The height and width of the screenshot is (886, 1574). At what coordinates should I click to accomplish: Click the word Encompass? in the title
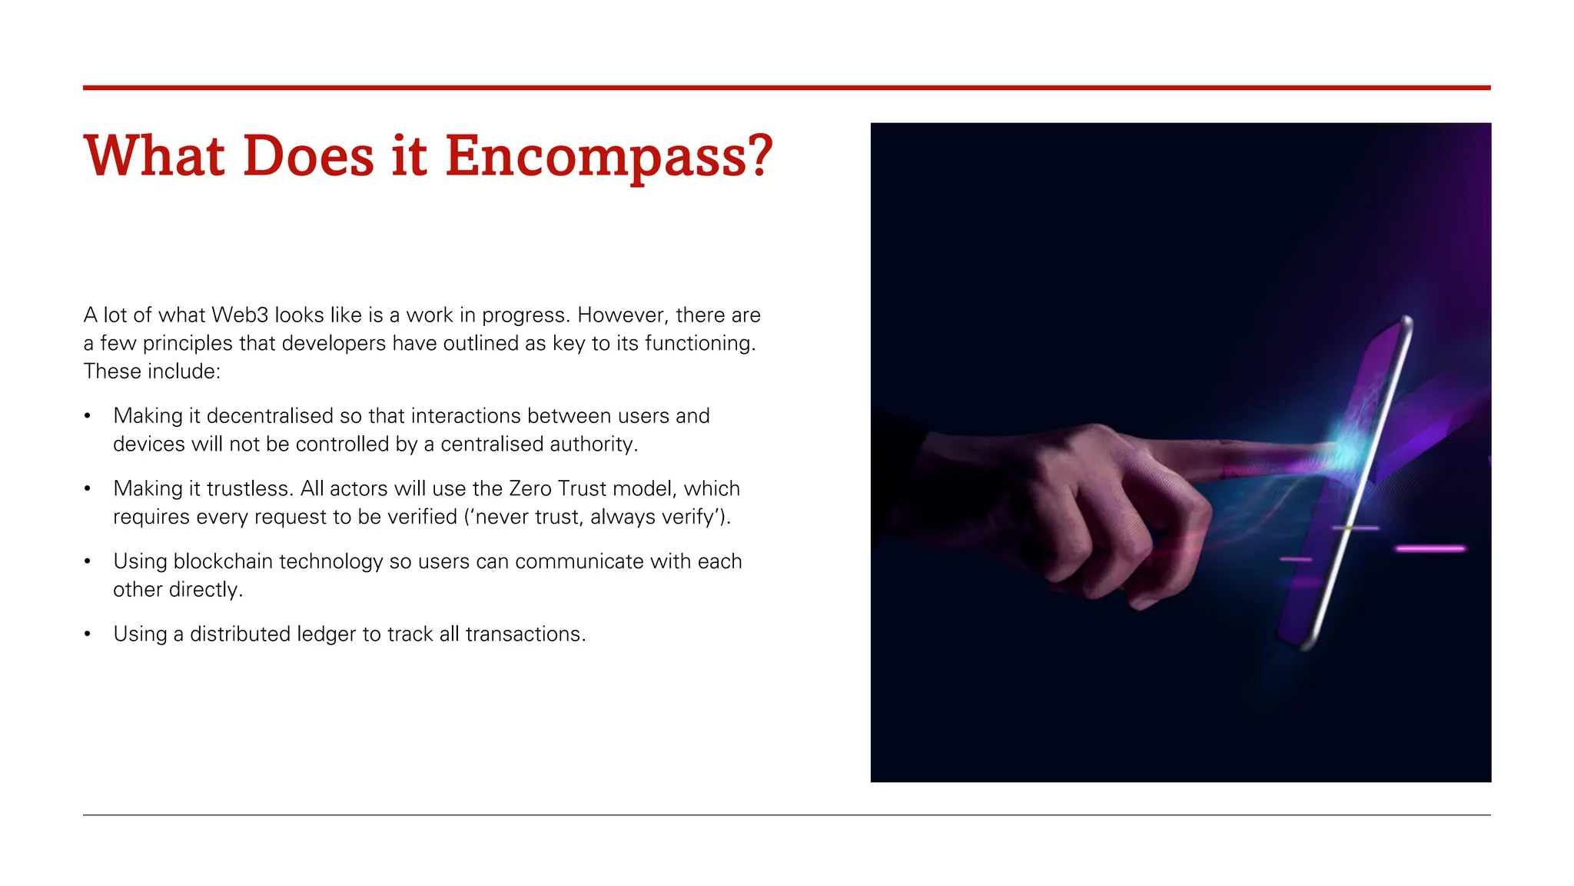click(609, 157)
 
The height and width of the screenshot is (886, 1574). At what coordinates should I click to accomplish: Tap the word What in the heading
click(154, 157)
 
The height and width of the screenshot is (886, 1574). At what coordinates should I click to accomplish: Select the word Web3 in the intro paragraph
click(240, 315)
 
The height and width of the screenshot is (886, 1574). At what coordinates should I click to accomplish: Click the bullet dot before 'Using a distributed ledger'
click(88, 635)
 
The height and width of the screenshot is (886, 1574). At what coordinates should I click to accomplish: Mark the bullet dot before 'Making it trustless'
click(88, 489)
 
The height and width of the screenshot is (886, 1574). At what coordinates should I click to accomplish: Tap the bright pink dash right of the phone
click(1430, 549)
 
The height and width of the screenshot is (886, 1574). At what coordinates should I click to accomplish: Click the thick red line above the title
click(786, 88)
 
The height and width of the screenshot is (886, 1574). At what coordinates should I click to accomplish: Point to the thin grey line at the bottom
click(786, 814)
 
